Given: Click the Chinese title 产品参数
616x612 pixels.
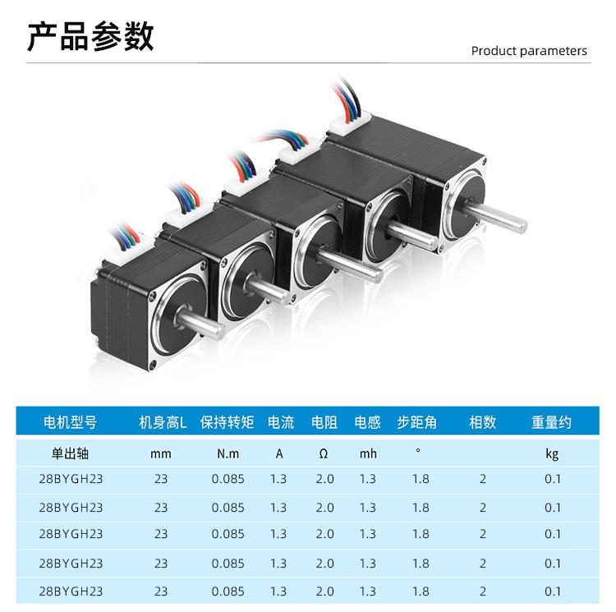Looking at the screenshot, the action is pos(90,37).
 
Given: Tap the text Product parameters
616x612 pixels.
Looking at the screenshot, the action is pos(529,51).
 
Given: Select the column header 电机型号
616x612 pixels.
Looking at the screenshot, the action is pos(70,423).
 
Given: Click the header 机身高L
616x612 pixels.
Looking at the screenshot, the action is pos(163,423).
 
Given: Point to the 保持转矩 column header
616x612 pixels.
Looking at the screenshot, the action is pos(228,423).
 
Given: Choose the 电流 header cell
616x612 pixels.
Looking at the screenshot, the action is pos(280,423).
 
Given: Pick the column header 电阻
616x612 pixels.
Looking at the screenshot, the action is pos(324,423).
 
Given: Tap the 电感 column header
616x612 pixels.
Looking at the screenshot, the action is pos(368,423).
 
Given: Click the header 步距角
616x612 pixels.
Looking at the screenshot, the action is pos(416,423).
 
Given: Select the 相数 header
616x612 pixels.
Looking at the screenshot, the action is pos(483,423).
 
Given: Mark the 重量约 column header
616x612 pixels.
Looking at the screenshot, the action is pos(551,423).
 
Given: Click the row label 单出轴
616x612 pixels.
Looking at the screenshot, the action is pos(70,453).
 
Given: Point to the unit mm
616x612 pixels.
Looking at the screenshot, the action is pos(161,453).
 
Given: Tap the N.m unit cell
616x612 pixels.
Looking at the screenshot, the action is pos(228,453).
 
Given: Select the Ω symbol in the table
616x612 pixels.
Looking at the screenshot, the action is pos(324,453).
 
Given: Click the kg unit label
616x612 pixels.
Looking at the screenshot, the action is pos(552,453).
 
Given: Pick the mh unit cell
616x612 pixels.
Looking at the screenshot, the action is pos(368,453).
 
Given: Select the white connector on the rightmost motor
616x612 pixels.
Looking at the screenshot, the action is pos(350,125).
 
